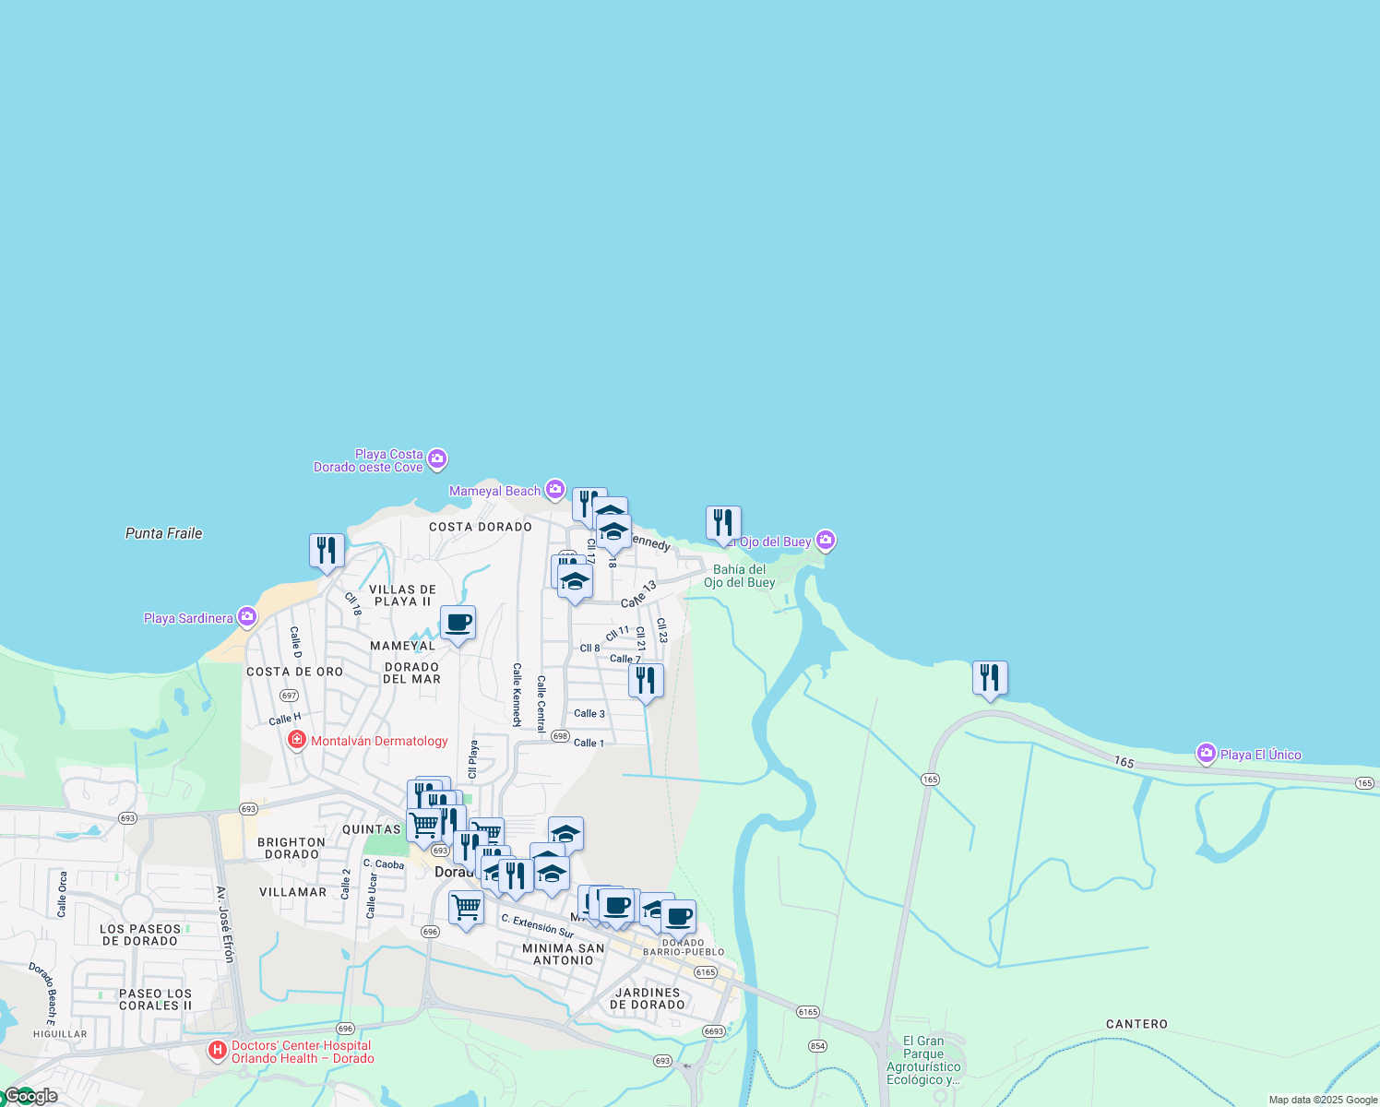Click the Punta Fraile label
point(163,533)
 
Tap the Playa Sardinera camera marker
point(246,616)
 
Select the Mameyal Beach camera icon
point(554,490)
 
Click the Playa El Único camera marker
point(1206,754)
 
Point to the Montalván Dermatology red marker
point(297,740)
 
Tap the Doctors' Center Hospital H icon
point(217,1050)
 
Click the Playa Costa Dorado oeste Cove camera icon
point(437,458)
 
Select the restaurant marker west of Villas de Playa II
point(327,551)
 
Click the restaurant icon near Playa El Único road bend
point(990,678)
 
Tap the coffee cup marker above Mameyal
point(458,623)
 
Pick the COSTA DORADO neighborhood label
point(481,527)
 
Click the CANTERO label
point(1136,1024)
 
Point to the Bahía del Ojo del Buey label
point(739,576)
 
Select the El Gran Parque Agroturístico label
point(923,1060)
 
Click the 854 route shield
point(817,1046)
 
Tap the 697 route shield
point(290,696)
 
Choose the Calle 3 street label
point(589,713)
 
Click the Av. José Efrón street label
point(225,923)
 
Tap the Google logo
point(31,1096)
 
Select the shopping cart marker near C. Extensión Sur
point(466,908)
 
